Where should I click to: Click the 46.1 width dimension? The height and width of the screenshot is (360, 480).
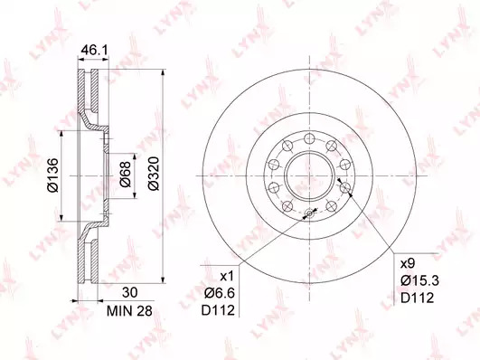[x=94, y=50]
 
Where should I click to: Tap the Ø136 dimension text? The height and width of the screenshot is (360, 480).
[x=53, y=175]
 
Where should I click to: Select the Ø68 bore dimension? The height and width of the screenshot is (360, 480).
[x=126, y=174]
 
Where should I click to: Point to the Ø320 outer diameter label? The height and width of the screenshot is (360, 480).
[x=154, y=174]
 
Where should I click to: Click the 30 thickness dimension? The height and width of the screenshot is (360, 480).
[x=130, y=292]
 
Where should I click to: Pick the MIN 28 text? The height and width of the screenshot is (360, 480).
[x=129, y=311]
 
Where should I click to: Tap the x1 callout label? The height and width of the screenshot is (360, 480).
[x=227, y=277]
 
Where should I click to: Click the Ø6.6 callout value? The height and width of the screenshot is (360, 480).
[x=220, y=293]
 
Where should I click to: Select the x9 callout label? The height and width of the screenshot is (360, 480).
[x=408, y=263]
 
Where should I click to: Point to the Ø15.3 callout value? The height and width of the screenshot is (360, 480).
[x=420, y=280]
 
